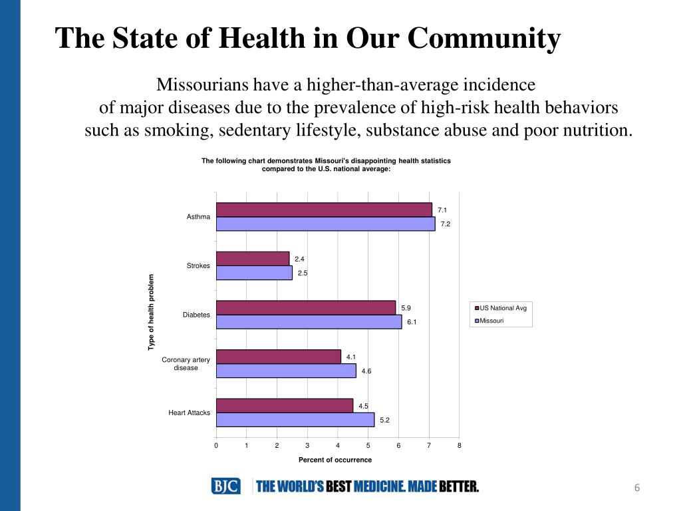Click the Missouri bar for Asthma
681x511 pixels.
325,224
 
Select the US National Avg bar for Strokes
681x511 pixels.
253,259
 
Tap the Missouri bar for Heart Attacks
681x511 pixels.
295,420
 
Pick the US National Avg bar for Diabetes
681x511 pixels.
306,308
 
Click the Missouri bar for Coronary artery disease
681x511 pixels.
286,371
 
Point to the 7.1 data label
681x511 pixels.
442,210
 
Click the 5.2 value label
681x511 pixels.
384,420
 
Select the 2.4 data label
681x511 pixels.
299,259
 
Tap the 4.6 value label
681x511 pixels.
366,371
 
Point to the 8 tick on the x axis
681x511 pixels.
459,445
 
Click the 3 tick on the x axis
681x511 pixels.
307,445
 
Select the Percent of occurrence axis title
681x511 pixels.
335,460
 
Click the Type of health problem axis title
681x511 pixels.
151,312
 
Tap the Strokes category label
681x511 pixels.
198,266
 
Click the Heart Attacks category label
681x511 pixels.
189,413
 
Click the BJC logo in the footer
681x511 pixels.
226,486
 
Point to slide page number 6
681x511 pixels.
636,488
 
